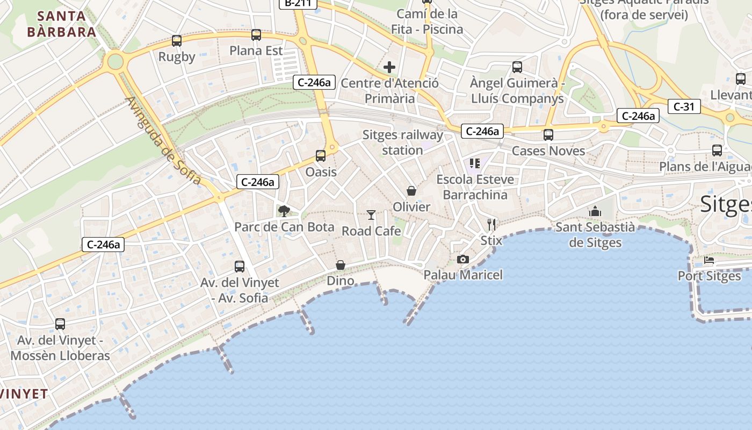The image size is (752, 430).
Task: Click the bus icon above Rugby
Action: pyautogui.click(x=177, y=40)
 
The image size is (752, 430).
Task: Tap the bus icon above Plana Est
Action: pyautogui.click(x=256, y=35)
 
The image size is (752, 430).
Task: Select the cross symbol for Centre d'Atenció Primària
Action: pyautogui.click(x=389, y=67)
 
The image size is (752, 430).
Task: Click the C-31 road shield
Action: pyautogui.click(x=684, y=106)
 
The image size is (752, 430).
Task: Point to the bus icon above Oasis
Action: pyautogui.click(x=321, y=156)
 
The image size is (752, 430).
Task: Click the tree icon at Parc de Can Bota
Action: pyautogui.click(x=284, y=211)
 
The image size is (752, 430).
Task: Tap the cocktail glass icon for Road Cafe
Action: pyautogui.click(x=371, y=215)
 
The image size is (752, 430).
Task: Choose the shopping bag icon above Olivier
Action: pyautogui.click(x=411, y=191)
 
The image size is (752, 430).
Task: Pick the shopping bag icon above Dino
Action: pyautogui.click(x=341, y=265)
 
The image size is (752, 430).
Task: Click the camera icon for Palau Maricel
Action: pyautogui.click(x=462, y=259)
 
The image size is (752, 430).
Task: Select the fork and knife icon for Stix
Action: pyautogui.click(x=491, y=224)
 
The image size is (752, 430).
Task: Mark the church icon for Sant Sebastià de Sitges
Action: pyautogui.click(x=595, y=211)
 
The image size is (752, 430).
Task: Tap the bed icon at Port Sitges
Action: pyautogui.click(x=709, y=260)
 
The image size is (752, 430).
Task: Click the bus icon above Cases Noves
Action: pyautogui.click(x=548, y=134)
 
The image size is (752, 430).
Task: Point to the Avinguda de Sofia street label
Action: pyautogui.click(x=163, y=141)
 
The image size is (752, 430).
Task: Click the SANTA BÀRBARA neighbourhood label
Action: pyautogui.click(x=62, y=23)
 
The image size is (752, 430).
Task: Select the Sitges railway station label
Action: pyautogui.click(x=403, y=142)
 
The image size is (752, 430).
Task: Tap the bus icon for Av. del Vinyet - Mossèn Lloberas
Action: pyautogui.click(x=60, y=324)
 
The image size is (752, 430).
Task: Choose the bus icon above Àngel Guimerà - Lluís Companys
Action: pyautogui.click(x=517, y=67)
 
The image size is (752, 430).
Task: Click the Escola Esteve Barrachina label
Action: pyautogui.click(x=475, y=187)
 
